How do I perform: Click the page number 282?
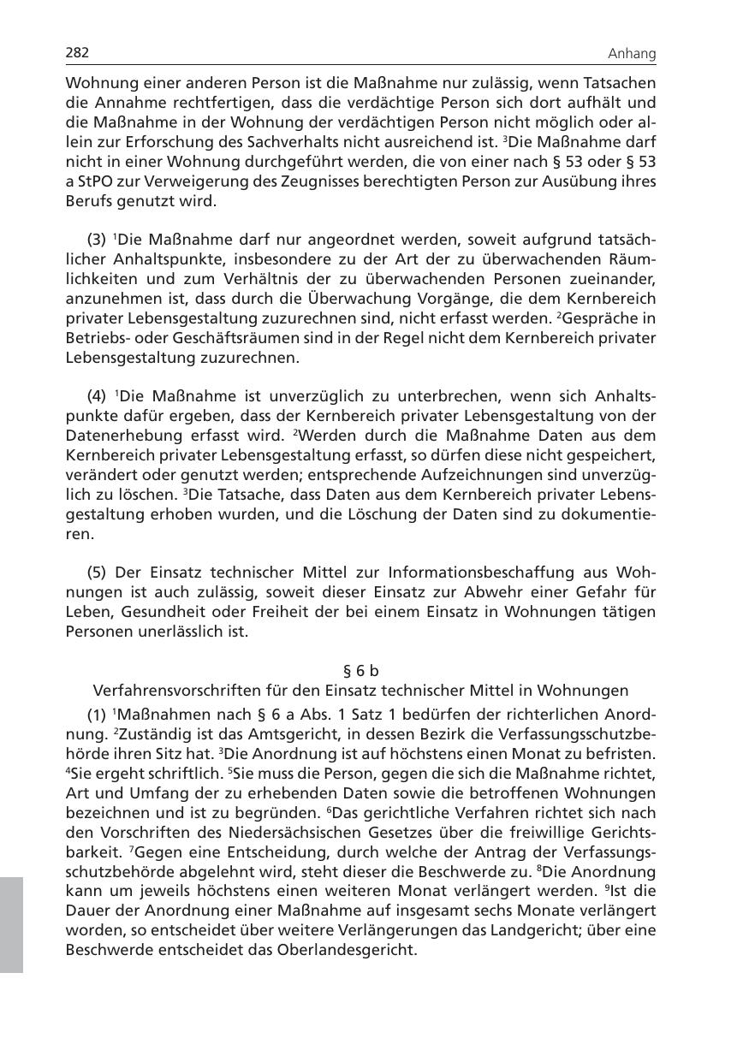(78, 53)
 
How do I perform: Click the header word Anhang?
(632, 54)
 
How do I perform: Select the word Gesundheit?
(163, 612)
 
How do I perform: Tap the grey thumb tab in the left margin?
(11, 923)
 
